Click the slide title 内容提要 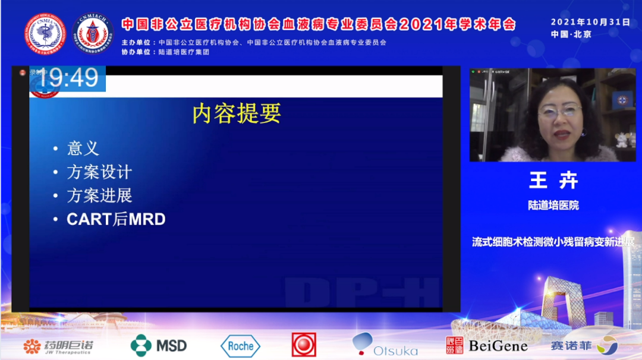236,113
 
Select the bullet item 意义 83,148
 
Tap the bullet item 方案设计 99,172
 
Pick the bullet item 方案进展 99,195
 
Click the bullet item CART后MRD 116,219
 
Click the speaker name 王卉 553,181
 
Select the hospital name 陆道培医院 553,205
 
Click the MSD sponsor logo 159,345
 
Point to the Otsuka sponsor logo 385,345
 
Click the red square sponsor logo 304,345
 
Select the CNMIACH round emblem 93,34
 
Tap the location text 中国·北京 571,34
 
